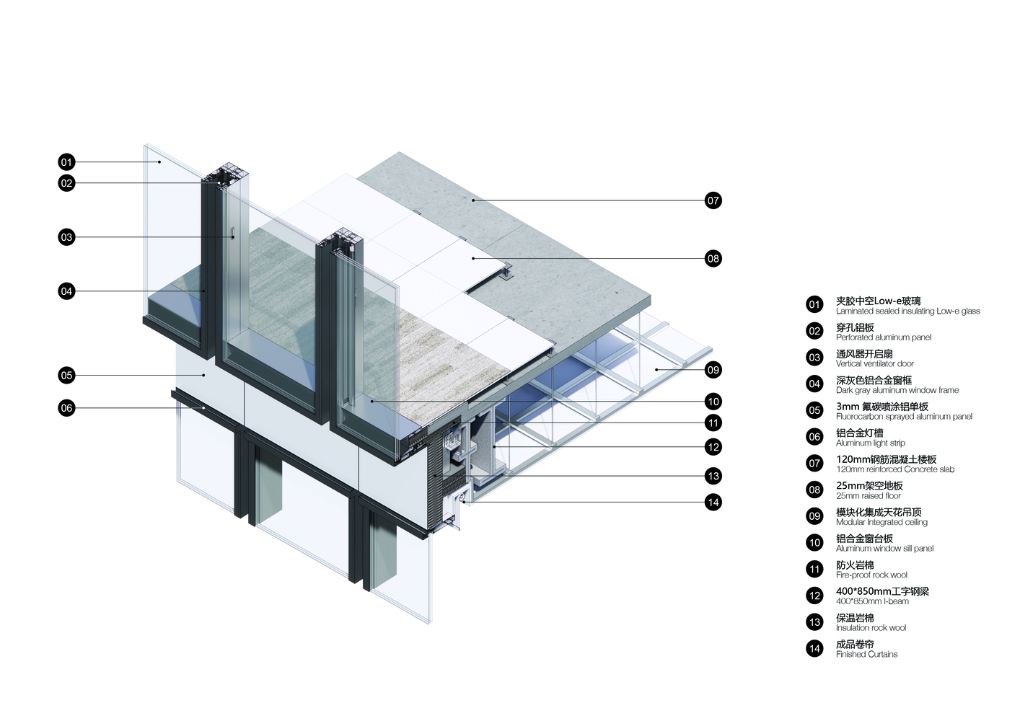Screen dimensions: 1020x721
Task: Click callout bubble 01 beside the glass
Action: point(66,162)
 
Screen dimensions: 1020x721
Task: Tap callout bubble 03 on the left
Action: point(66,237)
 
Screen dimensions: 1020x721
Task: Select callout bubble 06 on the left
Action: point(66,408)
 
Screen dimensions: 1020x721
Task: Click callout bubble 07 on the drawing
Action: point(713,200)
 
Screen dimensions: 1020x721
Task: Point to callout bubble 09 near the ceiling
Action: point(713,370)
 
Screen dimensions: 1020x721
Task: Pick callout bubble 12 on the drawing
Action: point(713,447)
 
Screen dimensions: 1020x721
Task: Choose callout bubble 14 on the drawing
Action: point(713,503)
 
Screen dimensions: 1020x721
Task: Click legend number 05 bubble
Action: point(814,410)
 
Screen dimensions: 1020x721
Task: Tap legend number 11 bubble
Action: point(814,569)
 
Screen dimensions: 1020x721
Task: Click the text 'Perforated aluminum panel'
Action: point(884,337)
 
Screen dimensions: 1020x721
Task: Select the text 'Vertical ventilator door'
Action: point(875,363)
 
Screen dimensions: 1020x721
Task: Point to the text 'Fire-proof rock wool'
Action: point(871,575)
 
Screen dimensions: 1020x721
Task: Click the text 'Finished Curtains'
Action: point(866,654)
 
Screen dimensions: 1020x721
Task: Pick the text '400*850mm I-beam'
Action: point(872,601)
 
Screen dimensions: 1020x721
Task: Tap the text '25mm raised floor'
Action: point(869,496)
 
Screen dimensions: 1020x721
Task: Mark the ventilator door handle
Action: point(233,233)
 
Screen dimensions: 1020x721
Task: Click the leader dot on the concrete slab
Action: point(473,200)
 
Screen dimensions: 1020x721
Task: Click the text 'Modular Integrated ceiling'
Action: point(881,522)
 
